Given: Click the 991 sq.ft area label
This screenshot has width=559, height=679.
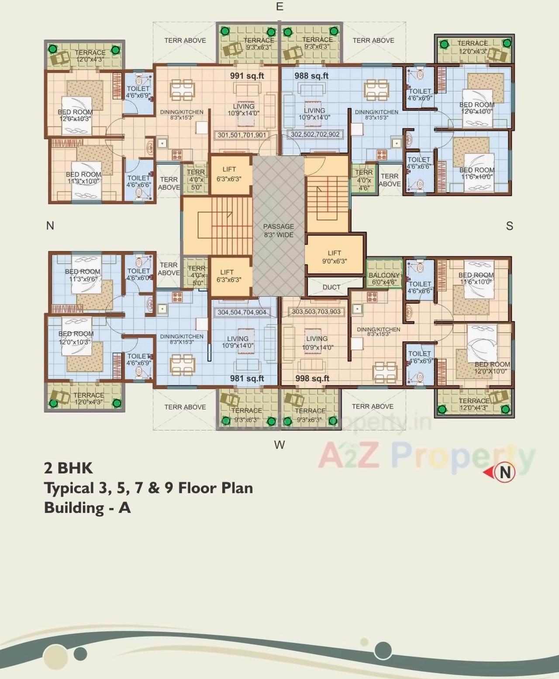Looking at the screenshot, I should [x=247, y=76].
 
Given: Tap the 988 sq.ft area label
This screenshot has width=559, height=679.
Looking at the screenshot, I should [x=311, y=76].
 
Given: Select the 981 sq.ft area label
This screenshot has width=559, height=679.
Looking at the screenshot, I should [x=247, y=378].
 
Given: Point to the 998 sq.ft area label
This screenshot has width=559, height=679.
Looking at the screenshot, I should [x=312, y=378].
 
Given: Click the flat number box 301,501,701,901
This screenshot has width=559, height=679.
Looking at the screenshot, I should [x=242, y=135].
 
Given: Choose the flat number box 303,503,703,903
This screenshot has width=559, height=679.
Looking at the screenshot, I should [x=316, y=312].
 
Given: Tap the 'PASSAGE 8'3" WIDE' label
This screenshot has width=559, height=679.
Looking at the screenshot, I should [x=279, y=230].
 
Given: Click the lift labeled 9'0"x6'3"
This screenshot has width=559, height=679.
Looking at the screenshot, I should [x=335, y=257].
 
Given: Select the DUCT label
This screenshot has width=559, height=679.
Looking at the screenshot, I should [x=331, y=287].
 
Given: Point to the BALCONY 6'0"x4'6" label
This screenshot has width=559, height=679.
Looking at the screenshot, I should [x=384, y=278].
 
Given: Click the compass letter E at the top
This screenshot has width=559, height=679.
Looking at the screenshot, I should [x=279, y=7].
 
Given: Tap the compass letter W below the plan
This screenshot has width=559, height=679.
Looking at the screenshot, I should [x=279, y=444].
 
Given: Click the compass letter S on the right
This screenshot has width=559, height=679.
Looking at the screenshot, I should [x=509, y=226].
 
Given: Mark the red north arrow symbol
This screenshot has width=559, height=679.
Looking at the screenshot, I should [x=500, y=472].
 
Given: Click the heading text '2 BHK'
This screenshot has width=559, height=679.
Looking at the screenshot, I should [x=68, y=468].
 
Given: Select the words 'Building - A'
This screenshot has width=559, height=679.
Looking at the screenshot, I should [x=87, y=508].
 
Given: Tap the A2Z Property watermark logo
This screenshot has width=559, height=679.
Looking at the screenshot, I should [x=426, y=456].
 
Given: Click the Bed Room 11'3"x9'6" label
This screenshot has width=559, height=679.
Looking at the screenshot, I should [x=83, y=275].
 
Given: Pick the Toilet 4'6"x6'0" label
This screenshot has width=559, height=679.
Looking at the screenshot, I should [x=139, y=274].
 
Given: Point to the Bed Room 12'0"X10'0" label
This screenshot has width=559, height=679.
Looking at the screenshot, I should [x=492, y=367].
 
